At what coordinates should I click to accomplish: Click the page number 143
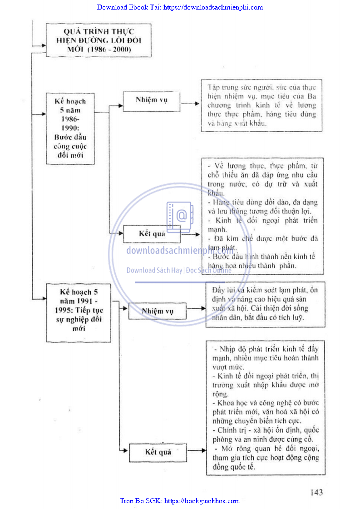(x=316, y=492)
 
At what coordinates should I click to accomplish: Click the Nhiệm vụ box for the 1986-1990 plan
(x=151, y=100)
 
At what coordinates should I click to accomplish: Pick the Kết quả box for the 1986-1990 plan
(x=152, y=234)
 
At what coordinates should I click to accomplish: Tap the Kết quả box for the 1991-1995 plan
(x=158, y=452)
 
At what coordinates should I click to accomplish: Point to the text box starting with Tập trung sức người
(x=261, y=105)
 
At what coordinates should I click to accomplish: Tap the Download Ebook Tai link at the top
(x=180, y=7)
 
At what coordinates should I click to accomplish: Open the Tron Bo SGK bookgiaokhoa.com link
(x=180, y=501)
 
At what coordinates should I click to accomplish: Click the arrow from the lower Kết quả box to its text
(x=196, y=451)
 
